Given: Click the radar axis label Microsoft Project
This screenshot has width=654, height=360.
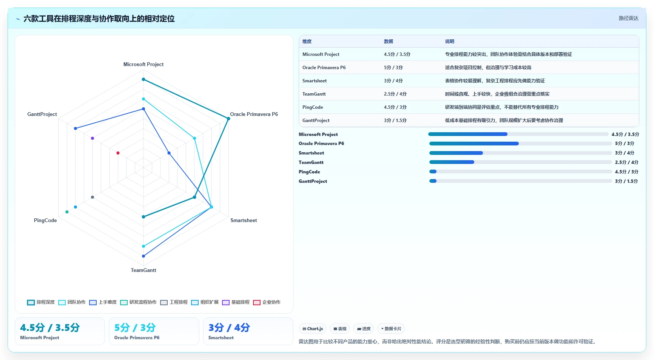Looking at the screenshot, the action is coord(143,65).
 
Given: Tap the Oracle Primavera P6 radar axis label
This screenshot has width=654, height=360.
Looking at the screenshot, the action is coord(254,114).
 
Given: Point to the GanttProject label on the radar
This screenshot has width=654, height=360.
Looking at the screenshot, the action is coord(42,114).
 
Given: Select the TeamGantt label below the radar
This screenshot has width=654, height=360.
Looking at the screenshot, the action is coord(143,270).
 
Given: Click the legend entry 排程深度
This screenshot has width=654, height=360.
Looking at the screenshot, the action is coord(41,302).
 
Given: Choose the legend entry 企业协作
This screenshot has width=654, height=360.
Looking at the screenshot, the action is coord(267,302).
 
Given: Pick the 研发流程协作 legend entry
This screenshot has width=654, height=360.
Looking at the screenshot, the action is coord(138,302).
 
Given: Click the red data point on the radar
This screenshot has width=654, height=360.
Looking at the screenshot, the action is coord(118,153).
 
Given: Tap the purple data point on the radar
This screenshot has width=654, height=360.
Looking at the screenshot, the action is coord(93,138).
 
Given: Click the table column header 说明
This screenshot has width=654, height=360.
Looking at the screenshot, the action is coord(449,42).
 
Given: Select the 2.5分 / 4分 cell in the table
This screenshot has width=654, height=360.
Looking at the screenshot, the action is coord(395,94).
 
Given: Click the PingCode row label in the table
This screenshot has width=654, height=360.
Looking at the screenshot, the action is coord(313,107).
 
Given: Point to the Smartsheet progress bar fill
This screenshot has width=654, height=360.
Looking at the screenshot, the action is coord(456,153).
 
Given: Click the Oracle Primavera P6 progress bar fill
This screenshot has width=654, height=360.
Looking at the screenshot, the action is coord(474,144).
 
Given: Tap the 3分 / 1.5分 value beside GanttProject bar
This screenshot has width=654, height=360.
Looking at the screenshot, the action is coord(626,181).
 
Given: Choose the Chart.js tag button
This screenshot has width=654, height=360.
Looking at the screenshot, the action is coord(313,329).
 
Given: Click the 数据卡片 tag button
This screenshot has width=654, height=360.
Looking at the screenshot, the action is coord(391,329).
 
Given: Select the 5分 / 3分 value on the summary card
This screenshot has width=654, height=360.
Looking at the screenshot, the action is coord(135,328).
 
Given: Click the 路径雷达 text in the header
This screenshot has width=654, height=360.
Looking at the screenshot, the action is coord(628,19).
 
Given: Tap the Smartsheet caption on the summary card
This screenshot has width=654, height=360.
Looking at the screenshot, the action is coord(221,338).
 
